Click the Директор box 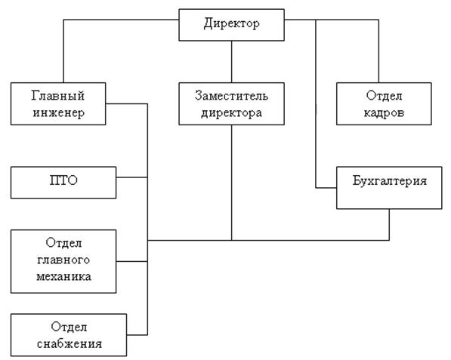231,25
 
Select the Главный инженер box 58,103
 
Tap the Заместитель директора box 231,103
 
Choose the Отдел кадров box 384,103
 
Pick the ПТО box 63,183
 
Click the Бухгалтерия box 389,188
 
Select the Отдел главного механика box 63,261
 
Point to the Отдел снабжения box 69,334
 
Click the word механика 64,277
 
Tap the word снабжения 70,343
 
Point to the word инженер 59,112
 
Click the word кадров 384,112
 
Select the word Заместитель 231,95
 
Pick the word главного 63,260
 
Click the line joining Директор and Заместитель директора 231,62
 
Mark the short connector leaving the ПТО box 132,177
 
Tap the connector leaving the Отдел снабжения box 137,334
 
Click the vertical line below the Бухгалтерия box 390,225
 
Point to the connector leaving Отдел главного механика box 132,261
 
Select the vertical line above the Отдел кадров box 378,51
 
